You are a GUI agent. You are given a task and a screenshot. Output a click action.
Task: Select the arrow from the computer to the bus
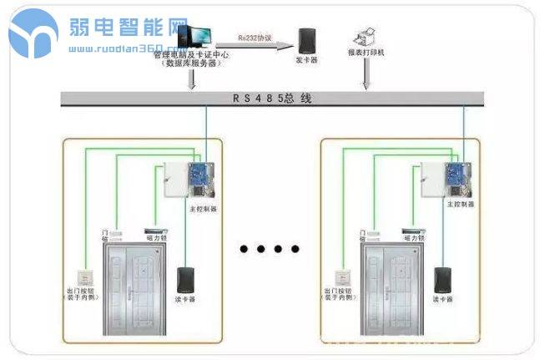coord(193,79)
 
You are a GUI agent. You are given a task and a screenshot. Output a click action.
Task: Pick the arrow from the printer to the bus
coord(365,79)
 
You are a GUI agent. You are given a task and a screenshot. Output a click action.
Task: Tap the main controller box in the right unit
coord(442,178)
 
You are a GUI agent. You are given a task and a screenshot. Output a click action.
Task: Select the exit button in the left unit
coord(84,276)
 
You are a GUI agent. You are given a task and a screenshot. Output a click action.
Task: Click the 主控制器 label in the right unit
coord(460,204)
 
